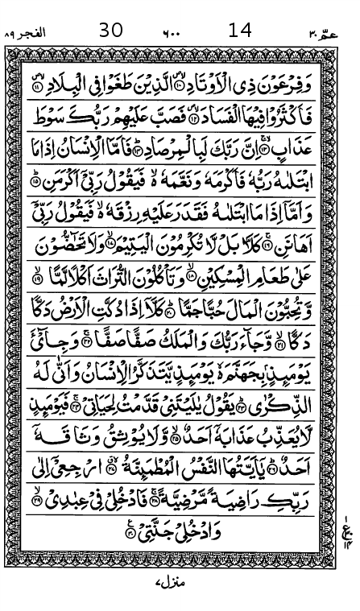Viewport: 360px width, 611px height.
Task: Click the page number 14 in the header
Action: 240,31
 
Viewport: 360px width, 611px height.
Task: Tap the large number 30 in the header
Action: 111,31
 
